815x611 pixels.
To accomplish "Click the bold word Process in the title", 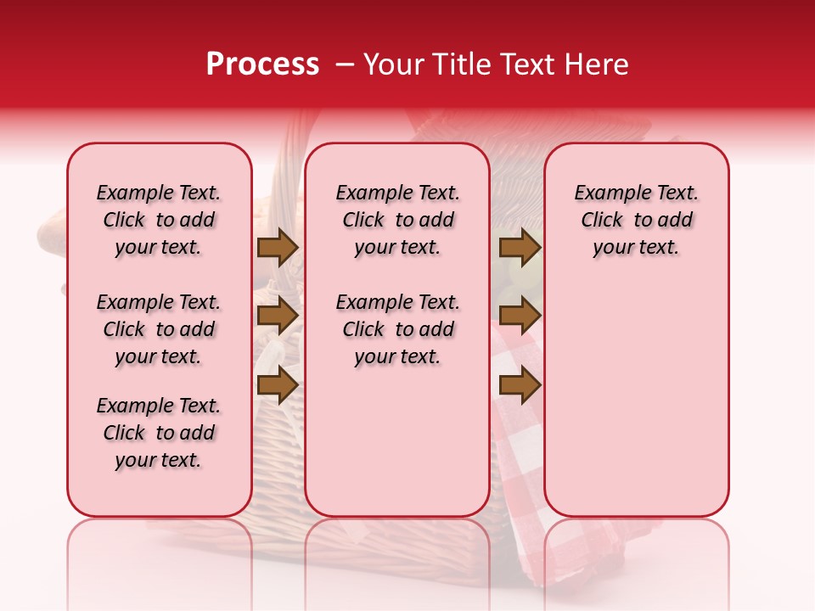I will (x=262, y=64).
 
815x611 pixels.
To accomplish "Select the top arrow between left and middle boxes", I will (x=278, y=248).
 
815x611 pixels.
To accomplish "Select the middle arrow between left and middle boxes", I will (x=278, y=316).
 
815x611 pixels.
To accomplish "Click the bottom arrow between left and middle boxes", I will (x=278, y=384).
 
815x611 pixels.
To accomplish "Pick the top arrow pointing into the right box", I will (x=520, y=248).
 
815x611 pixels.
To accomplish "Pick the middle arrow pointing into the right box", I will (x=520, y=316).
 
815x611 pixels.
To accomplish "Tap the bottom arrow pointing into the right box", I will (x=520, y=384).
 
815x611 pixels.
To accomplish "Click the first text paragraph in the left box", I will (x=159, y=220).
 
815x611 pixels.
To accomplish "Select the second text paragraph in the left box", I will (x=159, y=329).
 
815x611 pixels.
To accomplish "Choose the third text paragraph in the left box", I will (x=159, y=433).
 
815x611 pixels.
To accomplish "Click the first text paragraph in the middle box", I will (x=397, y=220).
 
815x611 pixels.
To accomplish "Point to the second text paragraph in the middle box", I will (x=397, y=329).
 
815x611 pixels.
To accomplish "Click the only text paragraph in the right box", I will (x=636, y=220).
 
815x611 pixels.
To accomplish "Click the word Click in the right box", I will (x=602, y=221).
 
